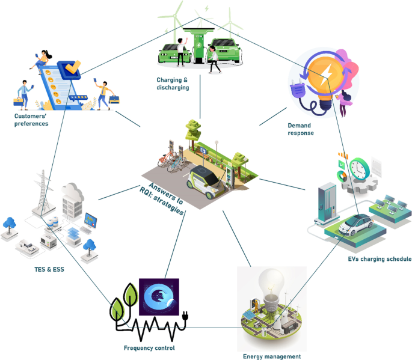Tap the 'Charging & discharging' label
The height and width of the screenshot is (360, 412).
[173, 83]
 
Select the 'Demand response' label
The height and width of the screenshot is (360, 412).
[300, 129]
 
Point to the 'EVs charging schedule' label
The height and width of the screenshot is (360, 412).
[380, 258]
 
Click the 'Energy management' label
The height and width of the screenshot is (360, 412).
[271, 356]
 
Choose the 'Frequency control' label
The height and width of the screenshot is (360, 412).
[149, 347]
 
